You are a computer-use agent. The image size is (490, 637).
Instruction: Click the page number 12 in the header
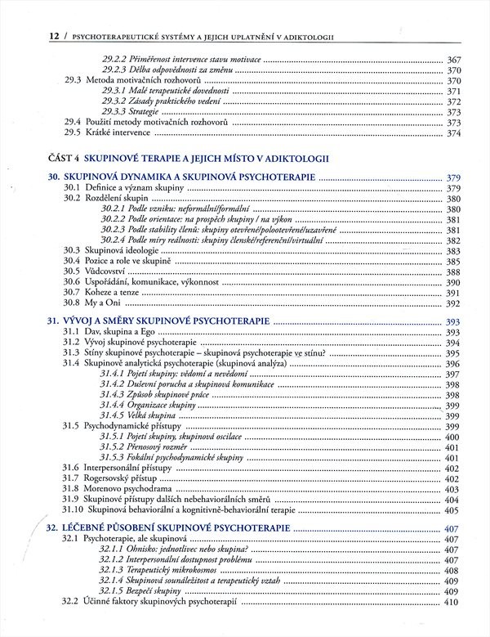pyautogui.click(x=33, y=36)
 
